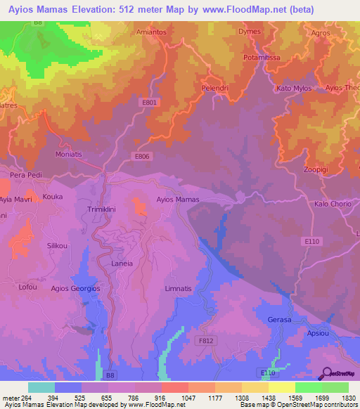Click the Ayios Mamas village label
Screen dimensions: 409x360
tap(177, 200)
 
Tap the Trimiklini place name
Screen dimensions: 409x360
tap(105, 209)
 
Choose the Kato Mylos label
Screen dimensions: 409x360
tap(294, 89)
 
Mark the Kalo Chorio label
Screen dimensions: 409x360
tap(333, 204)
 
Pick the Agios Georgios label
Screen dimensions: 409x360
tap(75, 288)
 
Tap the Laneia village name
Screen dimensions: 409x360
tap(122, 264)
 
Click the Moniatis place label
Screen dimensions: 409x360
tap(69, 153)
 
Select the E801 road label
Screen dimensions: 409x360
tap(149, 103)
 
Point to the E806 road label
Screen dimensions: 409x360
tap(143, 156)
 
